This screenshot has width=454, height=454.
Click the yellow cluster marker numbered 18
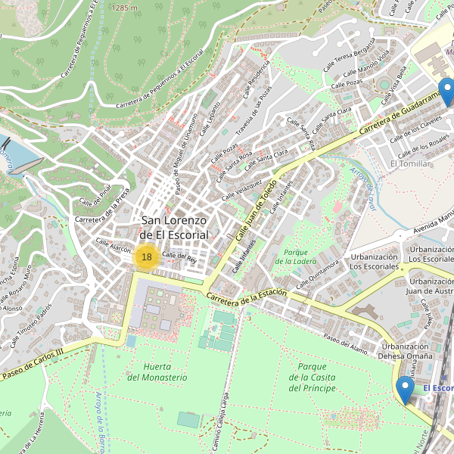146,257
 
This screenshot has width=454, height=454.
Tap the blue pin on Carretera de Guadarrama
447,92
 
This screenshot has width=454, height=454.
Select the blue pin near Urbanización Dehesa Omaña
405,390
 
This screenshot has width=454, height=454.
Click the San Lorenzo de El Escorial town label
174,228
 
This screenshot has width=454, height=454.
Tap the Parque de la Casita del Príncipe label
312,378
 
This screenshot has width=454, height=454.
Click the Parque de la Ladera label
296,257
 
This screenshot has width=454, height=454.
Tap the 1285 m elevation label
124,7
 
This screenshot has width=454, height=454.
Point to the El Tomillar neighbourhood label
409,163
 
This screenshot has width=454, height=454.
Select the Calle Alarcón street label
113,246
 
